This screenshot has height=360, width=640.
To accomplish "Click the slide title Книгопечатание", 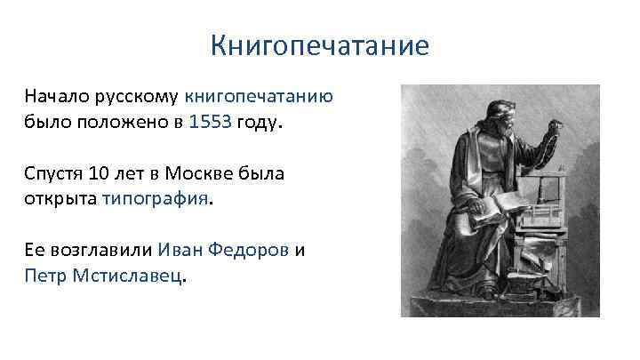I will tap(320, 45).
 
